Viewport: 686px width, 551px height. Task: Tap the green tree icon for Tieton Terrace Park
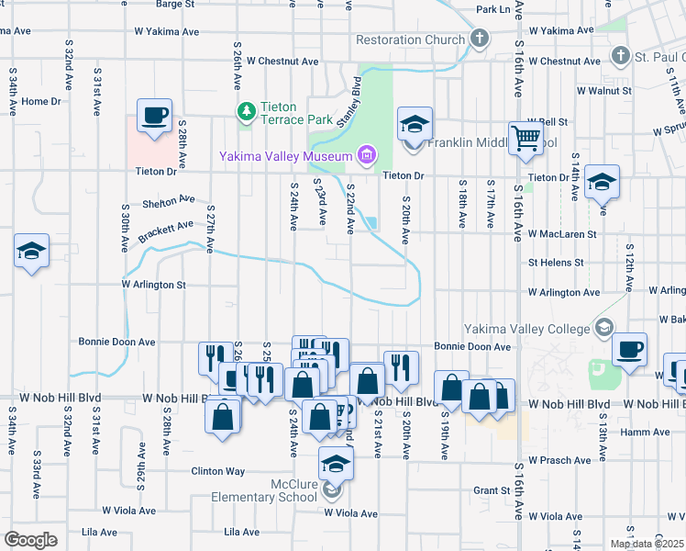(246, 112)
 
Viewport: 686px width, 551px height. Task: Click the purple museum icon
(367, 153)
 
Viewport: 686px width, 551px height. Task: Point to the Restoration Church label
(410, 39)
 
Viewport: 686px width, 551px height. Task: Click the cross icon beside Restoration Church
(478, 39)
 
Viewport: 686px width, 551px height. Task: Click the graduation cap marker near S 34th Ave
(31, 251)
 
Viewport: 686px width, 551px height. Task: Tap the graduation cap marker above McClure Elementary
(337, 464)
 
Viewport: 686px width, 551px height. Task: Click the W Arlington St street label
(153, 285)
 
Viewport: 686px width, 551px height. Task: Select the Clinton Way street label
(217, 471)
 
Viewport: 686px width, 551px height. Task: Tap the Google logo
(30, 540)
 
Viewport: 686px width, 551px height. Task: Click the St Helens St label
(557, 262)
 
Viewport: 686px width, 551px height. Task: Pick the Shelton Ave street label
(169, 200)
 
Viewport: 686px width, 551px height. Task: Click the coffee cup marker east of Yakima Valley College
(629, 350)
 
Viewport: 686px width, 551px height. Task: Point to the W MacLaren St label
(561, 234)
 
